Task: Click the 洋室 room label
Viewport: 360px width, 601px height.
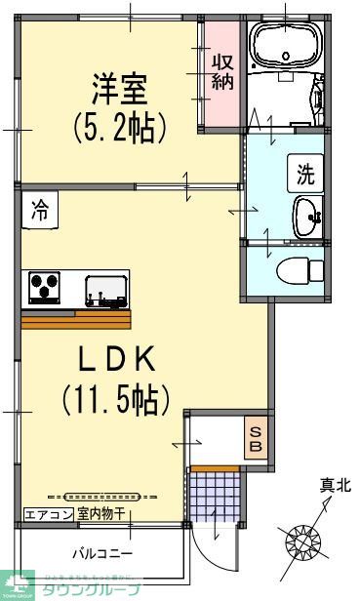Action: click(119, 91)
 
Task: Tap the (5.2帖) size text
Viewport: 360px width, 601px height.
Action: click(119, 127)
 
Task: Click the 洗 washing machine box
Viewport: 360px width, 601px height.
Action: click(305, 176)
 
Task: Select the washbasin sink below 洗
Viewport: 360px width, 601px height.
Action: click(307, 214)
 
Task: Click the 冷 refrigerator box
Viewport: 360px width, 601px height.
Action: click(40, 209)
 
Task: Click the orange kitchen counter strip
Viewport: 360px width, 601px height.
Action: click(75, 320)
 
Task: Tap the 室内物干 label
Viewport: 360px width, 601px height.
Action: click(101, 513)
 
